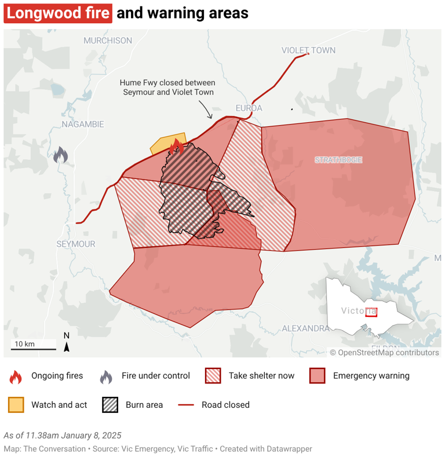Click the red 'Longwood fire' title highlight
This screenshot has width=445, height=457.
pos(57,13)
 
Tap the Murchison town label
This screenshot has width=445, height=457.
pos(108,41)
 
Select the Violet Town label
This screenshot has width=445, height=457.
pos(308,50)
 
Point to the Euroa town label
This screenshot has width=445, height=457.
pos(249,108)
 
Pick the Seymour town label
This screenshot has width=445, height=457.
pos(76,244)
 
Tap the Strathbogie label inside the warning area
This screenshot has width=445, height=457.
pos(338,159)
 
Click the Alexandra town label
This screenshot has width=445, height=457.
pos(305,328)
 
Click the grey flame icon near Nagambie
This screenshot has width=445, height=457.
pos(60,155)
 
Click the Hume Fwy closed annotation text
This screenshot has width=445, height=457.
pos(167,87)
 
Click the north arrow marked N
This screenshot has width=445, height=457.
pos(67,343)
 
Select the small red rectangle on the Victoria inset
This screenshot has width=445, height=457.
pos(371,312)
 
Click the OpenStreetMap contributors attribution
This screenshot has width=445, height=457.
pos(384,352)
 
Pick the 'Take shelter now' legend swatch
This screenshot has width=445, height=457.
pos(213,376)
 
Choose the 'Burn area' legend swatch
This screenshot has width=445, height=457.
pos(110,405)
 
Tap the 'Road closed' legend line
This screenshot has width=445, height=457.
pos(185,405)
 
